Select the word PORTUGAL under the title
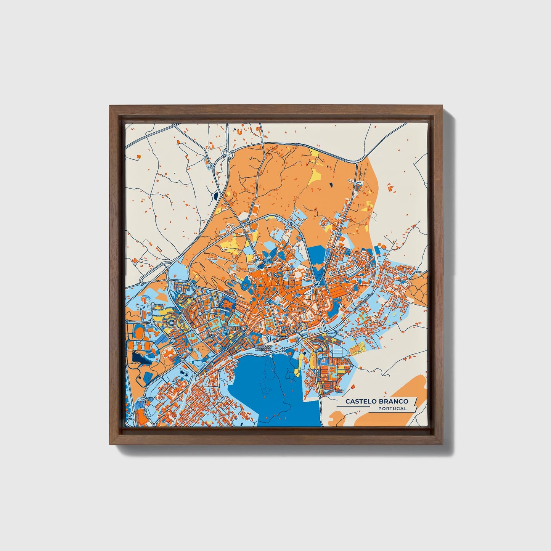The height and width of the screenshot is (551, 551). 392,408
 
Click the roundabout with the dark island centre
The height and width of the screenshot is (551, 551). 316,284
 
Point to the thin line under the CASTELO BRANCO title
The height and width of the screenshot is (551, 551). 353,406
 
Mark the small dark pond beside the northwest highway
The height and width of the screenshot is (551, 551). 216,196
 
